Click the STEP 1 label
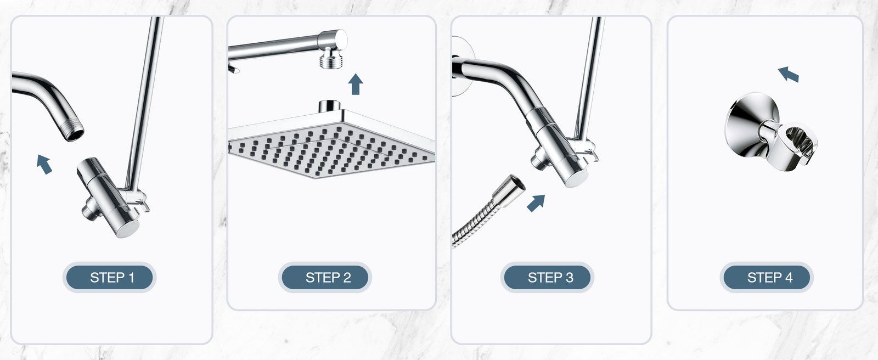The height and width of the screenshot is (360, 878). point(112,278)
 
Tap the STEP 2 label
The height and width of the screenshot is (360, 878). point(328,278)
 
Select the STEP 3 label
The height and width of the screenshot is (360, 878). point(550,278)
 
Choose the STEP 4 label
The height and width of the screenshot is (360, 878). point(770,278)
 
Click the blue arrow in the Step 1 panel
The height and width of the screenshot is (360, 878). point(44,164)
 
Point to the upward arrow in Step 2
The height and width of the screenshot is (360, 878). point(356,84)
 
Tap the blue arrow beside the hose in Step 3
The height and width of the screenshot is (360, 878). point(536,203)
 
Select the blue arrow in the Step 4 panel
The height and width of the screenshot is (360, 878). point(788,74)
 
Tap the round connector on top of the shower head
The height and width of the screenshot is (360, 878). point(329,106)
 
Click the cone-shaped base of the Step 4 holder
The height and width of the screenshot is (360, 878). point(746,125)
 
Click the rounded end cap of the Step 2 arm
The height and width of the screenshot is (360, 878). point(337,40)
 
